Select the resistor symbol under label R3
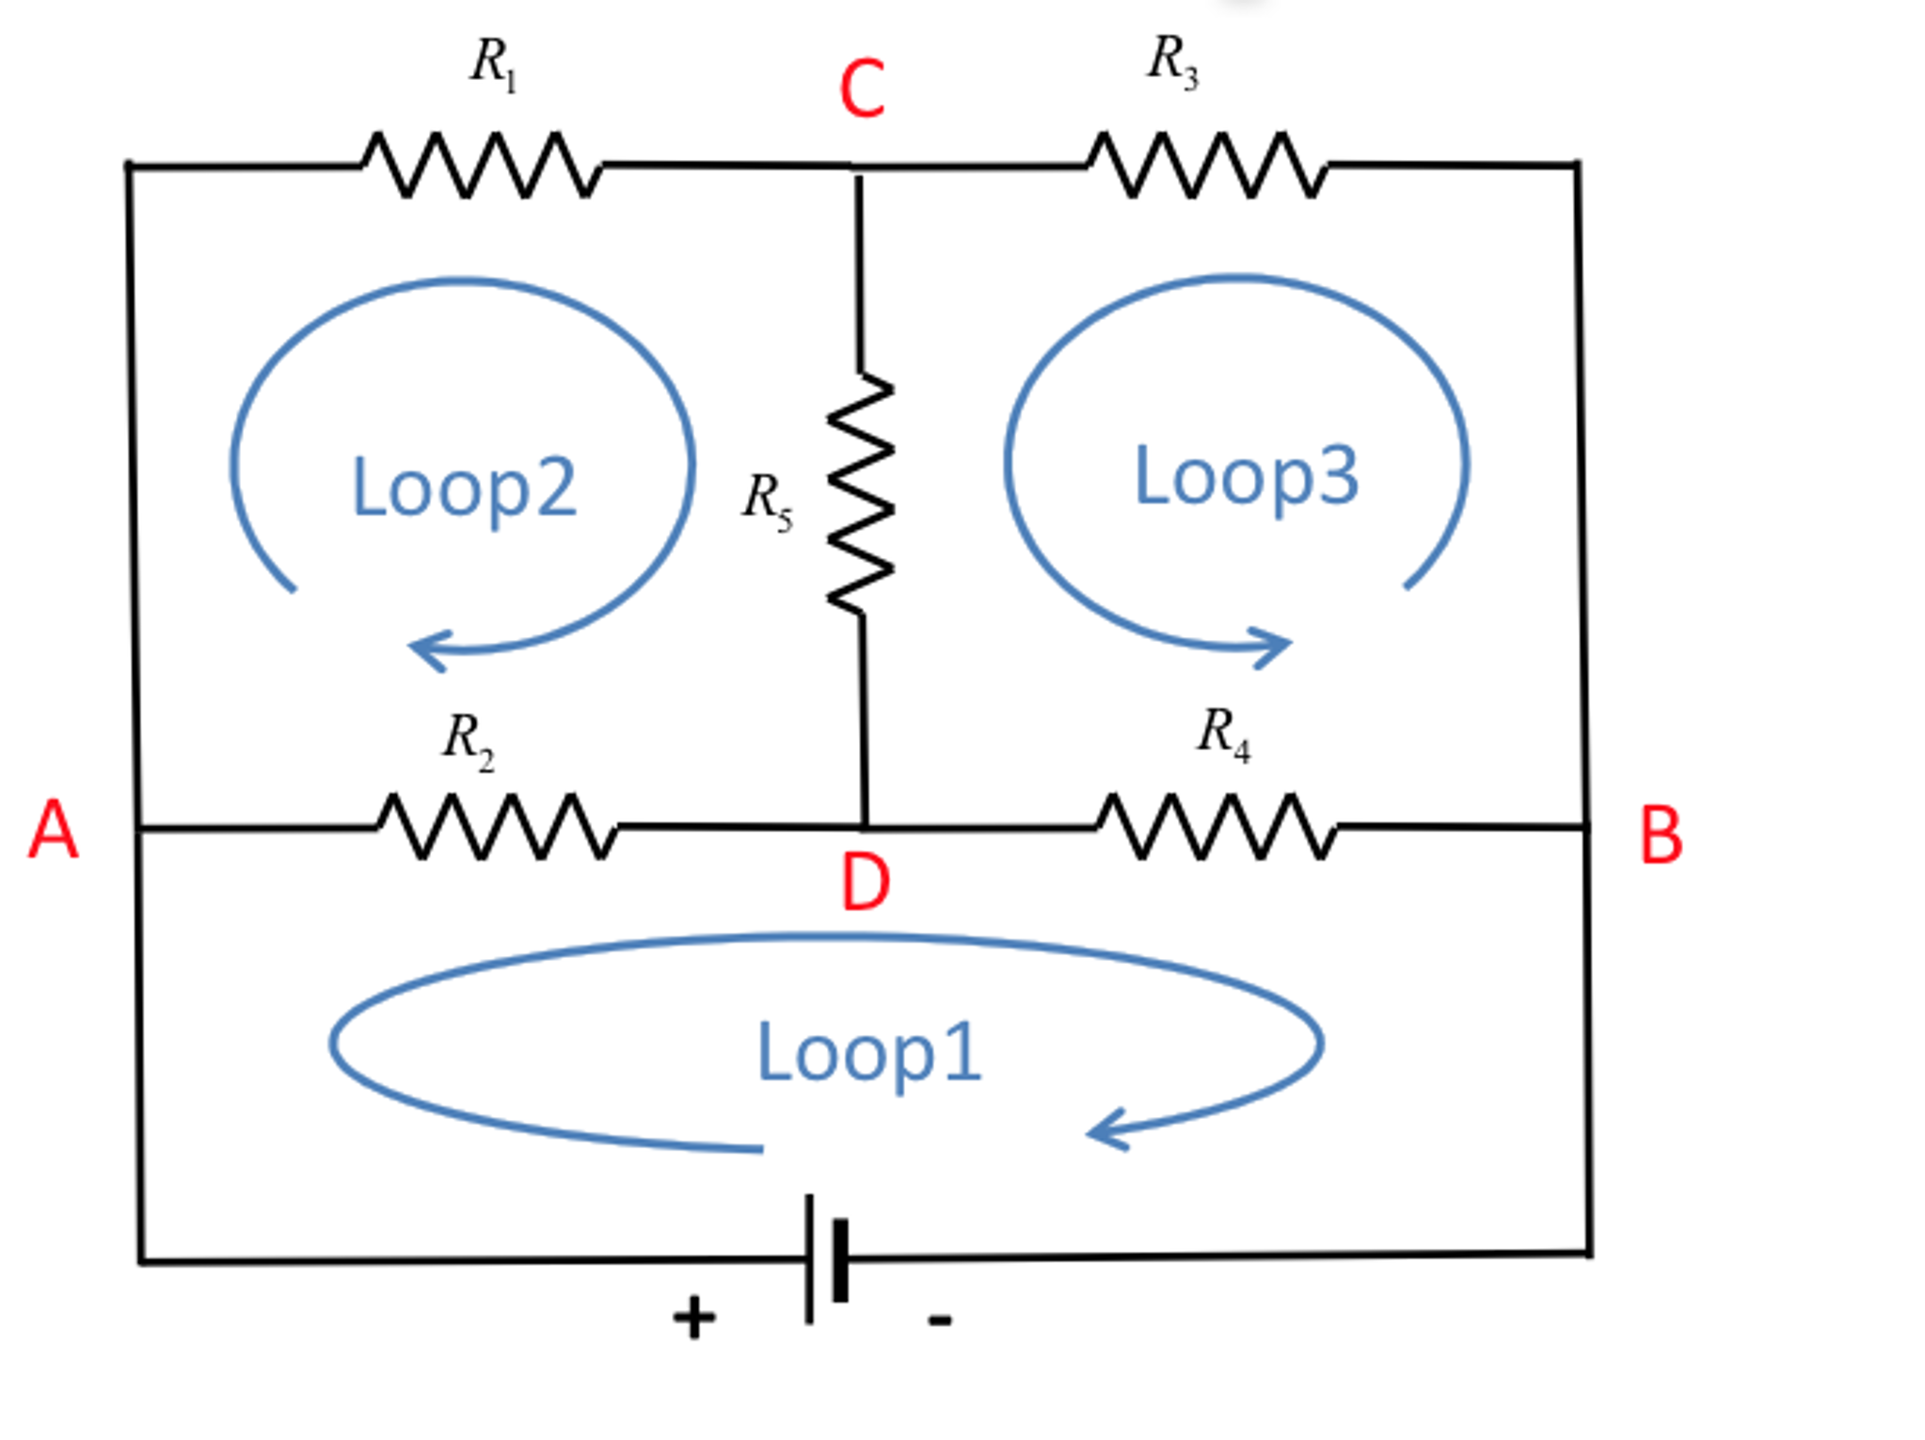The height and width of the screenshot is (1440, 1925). coord(1207,166)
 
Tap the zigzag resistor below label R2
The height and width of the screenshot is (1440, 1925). coord(497,826)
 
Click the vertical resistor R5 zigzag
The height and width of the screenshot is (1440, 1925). coord(860,494)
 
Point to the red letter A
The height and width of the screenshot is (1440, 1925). coord(53,830)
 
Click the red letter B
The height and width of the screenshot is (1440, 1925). coord(1660,836)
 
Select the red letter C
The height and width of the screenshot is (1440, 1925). coord(862,89)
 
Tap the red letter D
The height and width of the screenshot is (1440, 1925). coord(865,882)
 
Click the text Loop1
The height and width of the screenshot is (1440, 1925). coord(868,1052)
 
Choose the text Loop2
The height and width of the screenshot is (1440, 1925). coord(463,488)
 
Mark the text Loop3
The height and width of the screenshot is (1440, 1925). coord(1246,476)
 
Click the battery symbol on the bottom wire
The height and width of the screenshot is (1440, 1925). coord(827,1259)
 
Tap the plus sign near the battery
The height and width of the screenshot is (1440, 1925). coord(693,1317)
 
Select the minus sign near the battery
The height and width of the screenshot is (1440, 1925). coord(939,1320)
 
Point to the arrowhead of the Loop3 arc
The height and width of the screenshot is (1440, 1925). coord(1276,646)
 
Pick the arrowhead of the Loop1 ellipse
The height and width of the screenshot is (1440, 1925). coord(1103,1131)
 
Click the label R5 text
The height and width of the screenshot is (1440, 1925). coord(767,500)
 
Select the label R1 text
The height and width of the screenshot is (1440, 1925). coord(493,64)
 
